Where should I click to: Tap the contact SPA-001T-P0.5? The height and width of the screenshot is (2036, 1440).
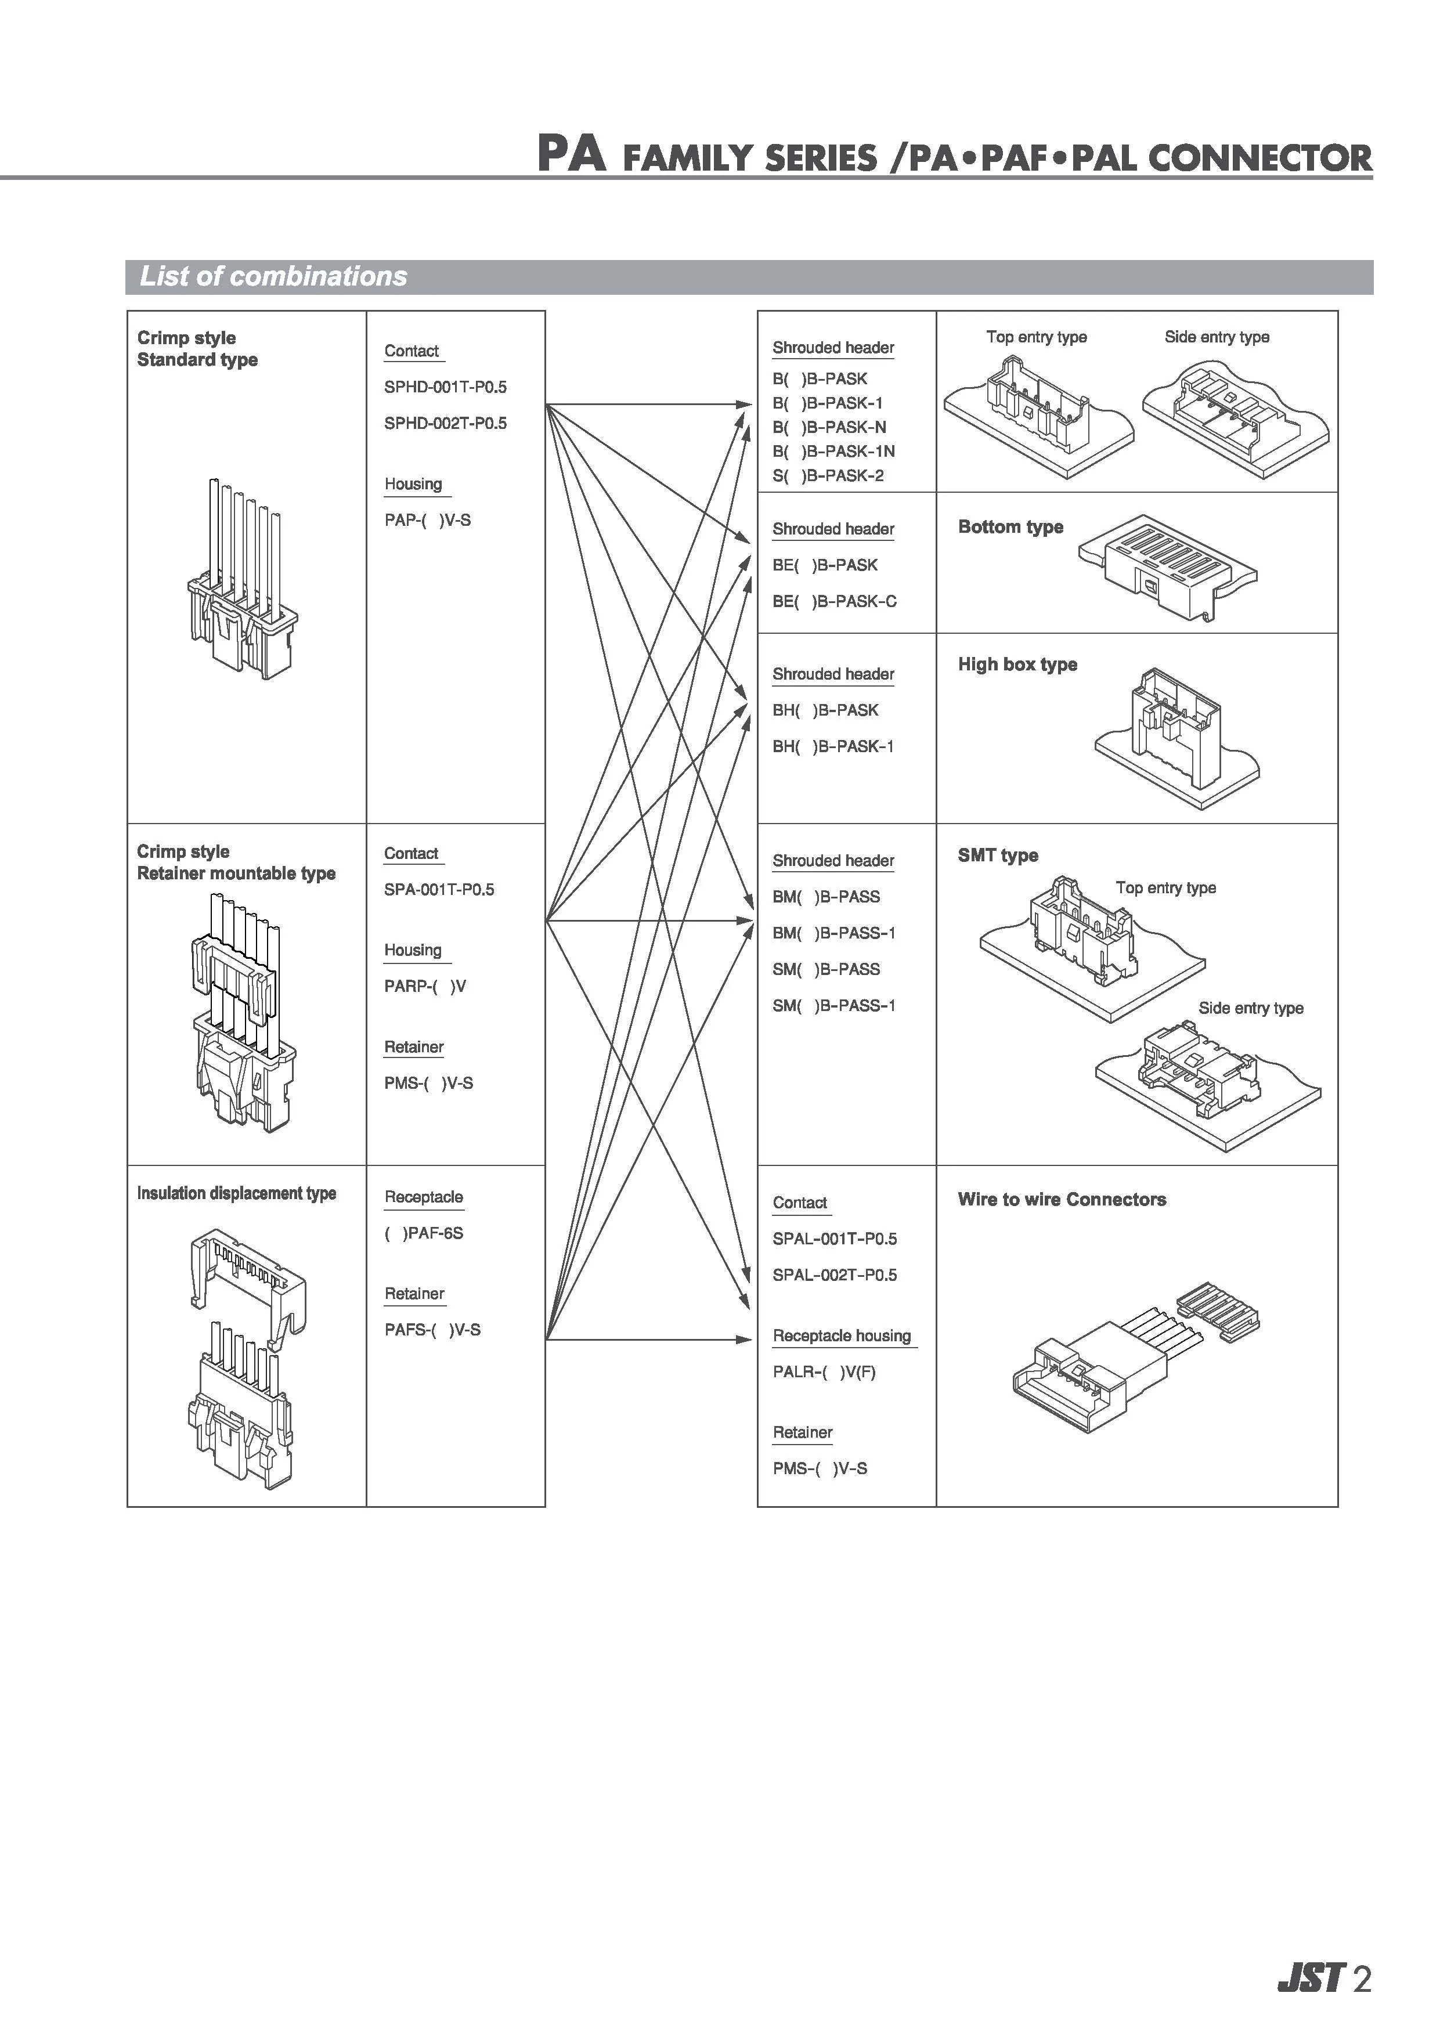(x=439, y=889)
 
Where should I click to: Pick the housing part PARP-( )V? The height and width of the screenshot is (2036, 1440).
(x=425, y=986)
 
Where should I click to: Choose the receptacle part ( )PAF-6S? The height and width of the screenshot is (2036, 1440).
(x=424, y=1233)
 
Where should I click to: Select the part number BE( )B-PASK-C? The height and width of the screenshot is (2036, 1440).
(x=835, y=601)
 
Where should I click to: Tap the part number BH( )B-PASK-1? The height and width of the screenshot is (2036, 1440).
(x=833, y=746)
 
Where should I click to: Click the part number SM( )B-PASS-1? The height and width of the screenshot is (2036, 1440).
(x=833, y=1006)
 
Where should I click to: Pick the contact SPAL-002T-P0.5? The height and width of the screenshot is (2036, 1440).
(x=835, y=1275)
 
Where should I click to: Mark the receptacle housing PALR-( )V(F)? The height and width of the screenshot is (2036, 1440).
(x=824, y=1372)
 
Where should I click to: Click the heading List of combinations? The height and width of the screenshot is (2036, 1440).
(x=273, y=277)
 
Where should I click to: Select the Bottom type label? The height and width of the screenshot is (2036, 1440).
(x=1010, y=527)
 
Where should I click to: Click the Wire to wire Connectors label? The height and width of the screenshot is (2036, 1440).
(x=1062, y=1200)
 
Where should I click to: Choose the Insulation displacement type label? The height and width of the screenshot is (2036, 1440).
(x=236, y=1194)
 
